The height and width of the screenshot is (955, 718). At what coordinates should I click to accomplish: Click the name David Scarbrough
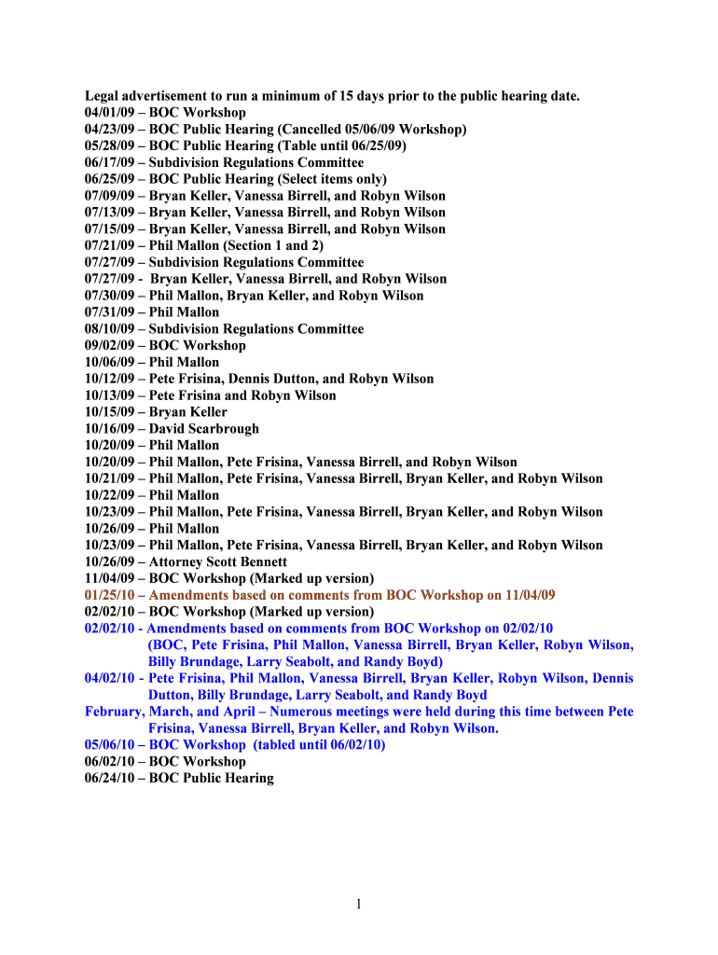point(204,429)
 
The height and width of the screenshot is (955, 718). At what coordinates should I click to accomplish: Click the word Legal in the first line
point(104,96)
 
